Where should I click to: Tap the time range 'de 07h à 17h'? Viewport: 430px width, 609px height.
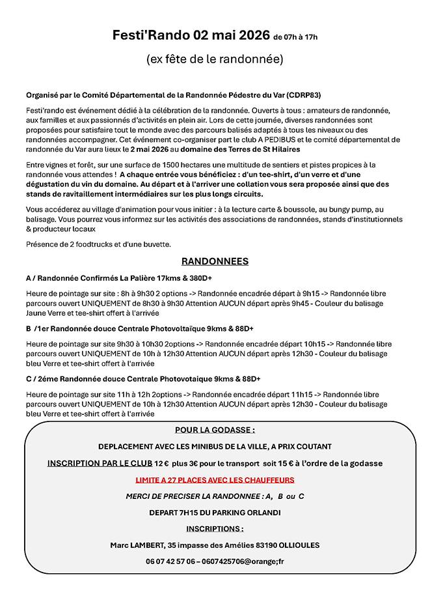[295, 37]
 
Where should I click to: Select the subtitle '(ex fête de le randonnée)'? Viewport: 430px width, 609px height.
[215, 59]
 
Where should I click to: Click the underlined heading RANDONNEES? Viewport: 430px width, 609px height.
[215, 261]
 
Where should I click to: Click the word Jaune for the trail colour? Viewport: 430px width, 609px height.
[38, 312]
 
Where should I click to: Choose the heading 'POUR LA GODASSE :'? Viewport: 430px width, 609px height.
[215, 430]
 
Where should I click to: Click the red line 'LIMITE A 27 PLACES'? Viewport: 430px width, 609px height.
[215, 479]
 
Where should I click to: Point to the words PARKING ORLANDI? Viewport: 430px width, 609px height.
[249, 512]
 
